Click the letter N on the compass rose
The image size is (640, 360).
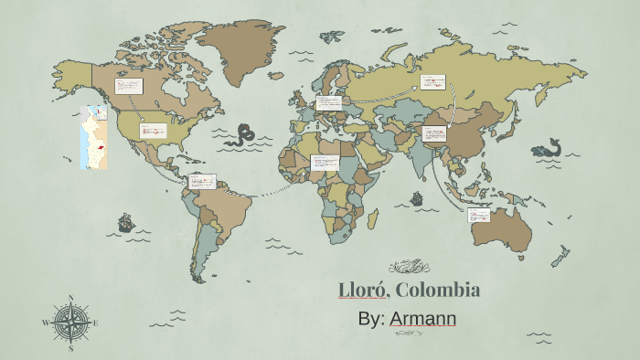coord(71,298)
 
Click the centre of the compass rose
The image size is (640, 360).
coord(71,323)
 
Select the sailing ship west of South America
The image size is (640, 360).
coord(125,222)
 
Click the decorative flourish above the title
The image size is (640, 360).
coord(409,267)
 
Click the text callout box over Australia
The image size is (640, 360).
coord(479,215)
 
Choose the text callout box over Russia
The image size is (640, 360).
coord(432,84)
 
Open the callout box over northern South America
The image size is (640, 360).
coord(202,181)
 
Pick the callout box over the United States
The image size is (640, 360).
coord(153,131)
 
